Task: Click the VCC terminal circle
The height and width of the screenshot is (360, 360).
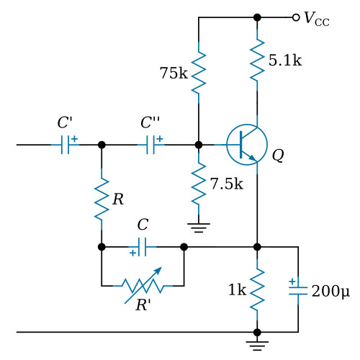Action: [296, 17]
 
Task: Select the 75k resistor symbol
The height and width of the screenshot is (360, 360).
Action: [199, 72]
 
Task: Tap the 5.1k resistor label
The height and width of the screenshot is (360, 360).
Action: [285, 60]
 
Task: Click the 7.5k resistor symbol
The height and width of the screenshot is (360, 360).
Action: [199, 184]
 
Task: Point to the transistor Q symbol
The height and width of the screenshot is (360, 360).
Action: [247, 145]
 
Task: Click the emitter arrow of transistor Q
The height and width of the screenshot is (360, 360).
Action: [252, 158]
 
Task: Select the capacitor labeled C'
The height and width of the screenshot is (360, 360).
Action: [65, 145]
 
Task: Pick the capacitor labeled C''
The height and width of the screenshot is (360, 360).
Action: [150, 145]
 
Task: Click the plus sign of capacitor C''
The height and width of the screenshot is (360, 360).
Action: [160, 138]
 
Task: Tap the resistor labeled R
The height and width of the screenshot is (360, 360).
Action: [102, 199]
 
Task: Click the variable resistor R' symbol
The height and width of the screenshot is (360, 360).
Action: [143, 286]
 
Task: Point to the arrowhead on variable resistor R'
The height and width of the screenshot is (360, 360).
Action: [158, 271]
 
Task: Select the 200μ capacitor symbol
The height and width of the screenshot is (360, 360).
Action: [298, 291]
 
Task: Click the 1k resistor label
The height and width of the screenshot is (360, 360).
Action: [237, 289]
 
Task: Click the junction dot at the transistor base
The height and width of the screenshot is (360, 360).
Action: [199, 145]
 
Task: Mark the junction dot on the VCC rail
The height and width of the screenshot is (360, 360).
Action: [257, 17]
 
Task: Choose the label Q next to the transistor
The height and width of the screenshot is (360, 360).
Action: [278, 156]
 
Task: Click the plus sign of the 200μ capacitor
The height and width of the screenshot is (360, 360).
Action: [292, 282]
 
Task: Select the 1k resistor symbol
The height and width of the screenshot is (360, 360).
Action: [257, 289]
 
